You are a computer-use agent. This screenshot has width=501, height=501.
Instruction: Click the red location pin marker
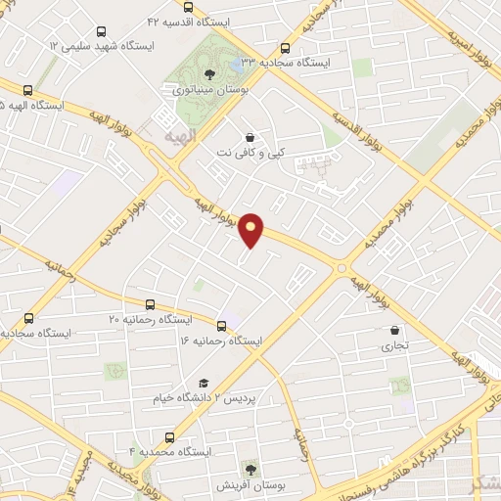point(252,230)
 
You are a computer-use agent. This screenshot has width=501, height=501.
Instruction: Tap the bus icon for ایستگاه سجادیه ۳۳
point(286,47)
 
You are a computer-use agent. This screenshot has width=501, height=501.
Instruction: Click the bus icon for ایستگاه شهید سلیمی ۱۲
point(48,60)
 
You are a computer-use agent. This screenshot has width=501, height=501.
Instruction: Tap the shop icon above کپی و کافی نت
point(252,138)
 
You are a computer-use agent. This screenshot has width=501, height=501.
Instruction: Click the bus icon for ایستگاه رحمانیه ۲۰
point(150,304)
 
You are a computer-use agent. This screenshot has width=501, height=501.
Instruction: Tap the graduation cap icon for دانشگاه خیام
point(205,383)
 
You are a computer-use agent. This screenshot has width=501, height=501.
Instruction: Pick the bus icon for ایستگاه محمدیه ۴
point(170,437)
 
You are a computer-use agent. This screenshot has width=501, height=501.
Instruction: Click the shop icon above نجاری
point(394,331)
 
